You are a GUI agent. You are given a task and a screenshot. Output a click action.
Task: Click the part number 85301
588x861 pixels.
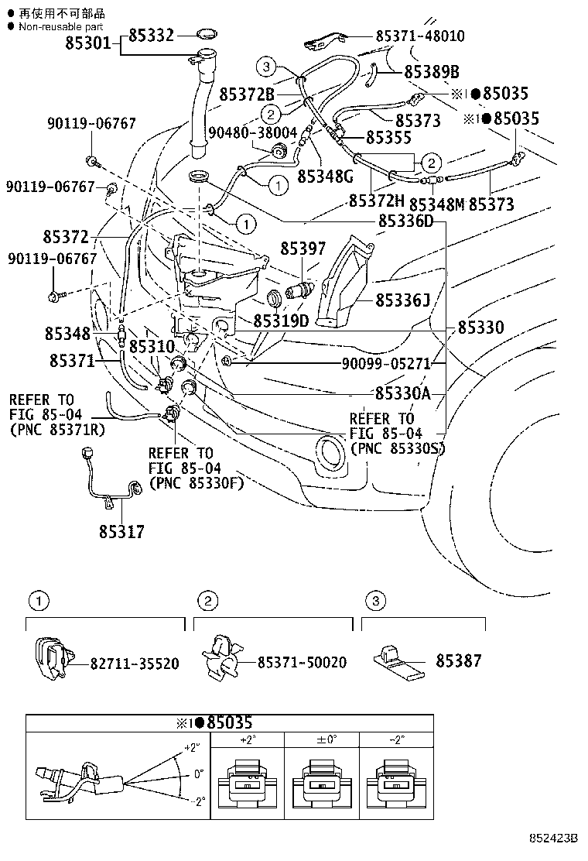tap(91, 44)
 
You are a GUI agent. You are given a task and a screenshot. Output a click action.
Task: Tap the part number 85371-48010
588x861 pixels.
tap(420, 36)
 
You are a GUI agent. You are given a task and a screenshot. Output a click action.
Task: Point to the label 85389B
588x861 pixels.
tap(432, 72)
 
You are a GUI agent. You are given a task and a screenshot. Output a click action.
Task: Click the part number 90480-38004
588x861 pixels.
tap(252, 132)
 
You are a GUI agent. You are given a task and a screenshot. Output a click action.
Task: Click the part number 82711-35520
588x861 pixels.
tap(135, 664)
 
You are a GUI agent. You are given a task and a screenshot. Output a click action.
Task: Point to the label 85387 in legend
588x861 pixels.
tap(458, 660)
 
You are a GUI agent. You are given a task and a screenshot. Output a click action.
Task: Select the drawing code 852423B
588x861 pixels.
tap(554, 838)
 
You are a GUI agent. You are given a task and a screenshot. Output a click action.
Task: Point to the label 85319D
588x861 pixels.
tap(281, 320)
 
